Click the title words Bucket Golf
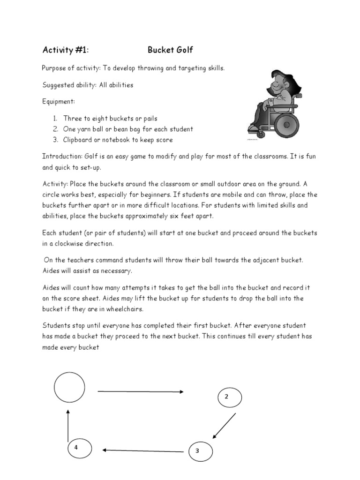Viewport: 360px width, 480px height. pos(170,50)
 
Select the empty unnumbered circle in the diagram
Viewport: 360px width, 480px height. pos(70,387)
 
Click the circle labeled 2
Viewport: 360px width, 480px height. pos(230,397)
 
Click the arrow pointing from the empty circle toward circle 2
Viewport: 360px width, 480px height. pos(140,391)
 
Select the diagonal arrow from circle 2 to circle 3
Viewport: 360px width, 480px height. pos(224,426)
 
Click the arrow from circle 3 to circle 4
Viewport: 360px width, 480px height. pos(142,451)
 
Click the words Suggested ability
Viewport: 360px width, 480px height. pos(70,85)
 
